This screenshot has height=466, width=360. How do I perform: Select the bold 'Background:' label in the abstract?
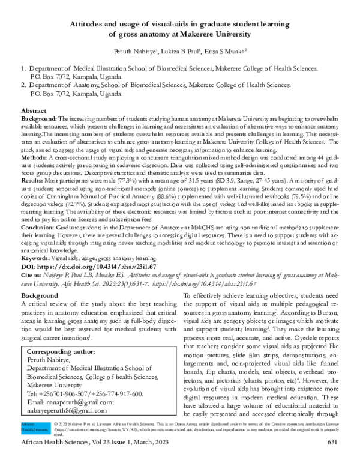40,120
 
